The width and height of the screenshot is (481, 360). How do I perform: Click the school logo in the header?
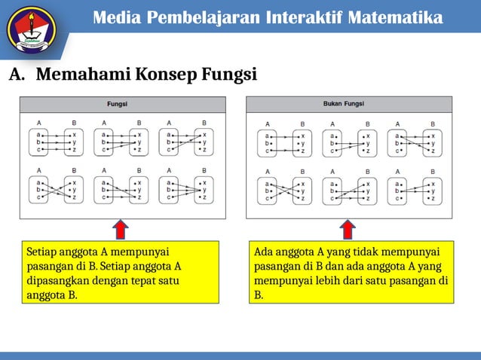point(31,28)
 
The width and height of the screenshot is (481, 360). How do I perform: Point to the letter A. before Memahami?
point(17,75)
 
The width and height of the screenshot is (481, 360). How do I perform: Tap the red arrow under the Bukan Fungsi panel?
point(348,230)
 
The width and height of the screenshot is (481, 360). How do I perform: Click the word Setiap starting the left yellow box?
point(42,252)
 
